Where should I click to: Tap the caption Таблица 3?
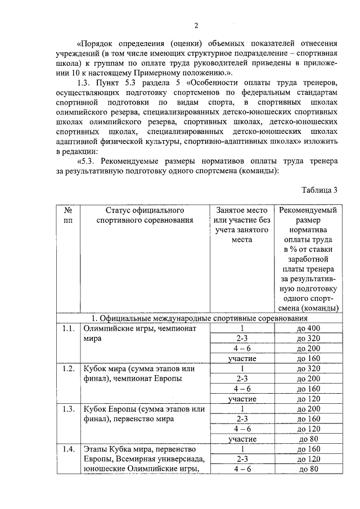(x=319, y=190)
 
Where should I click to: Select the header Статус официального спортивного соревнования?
(x=145, y=215)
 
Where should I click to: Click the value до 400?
(x=308, y=328)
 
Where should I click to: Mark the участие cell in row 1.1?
(x=242, y=358)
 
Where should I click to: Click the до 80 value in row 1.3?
(x=308, y=439)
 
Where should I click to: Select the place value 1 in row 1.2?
(x=242, y=368)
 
